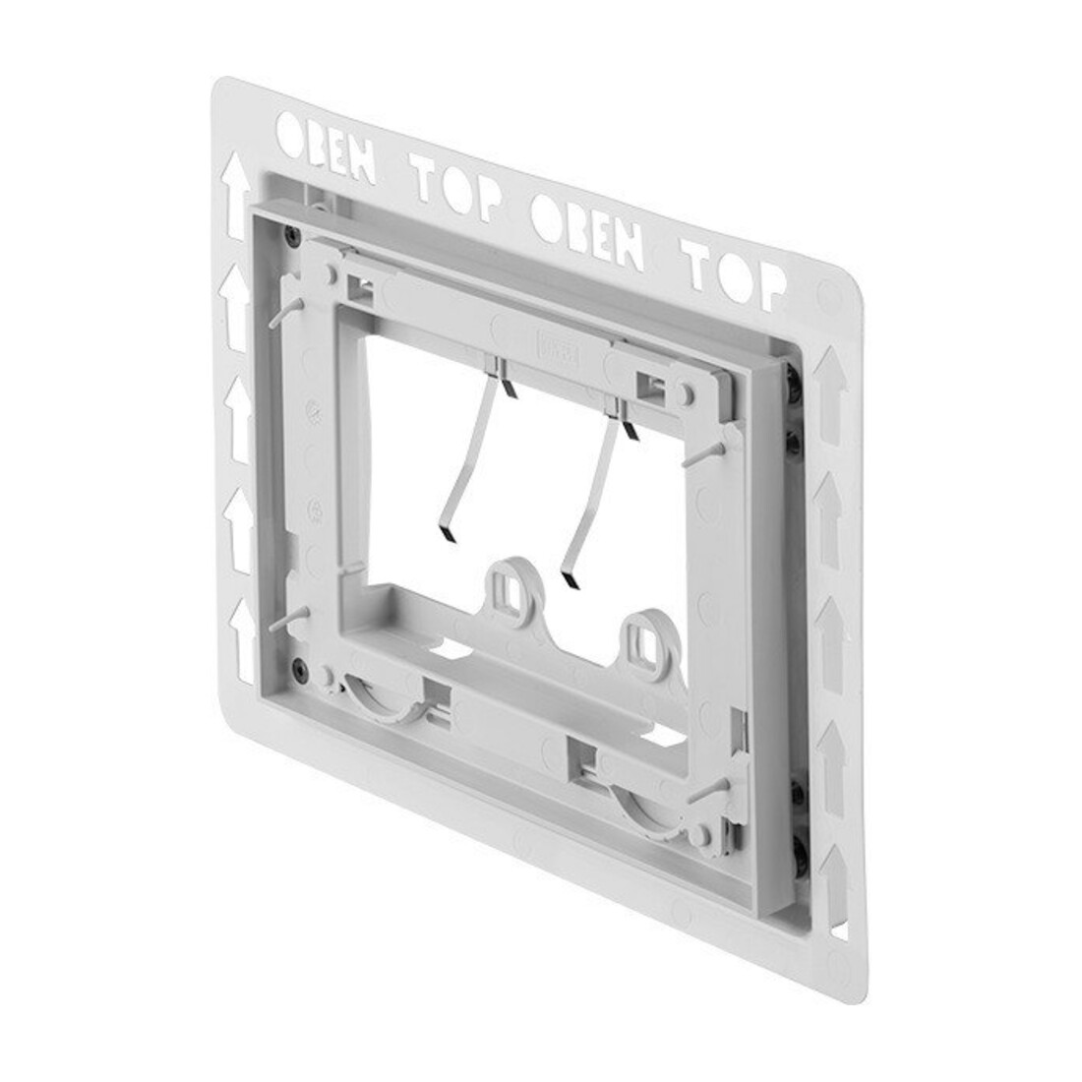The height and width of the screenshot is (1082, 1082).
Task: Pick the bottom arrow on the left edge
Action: click(242, 640)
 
